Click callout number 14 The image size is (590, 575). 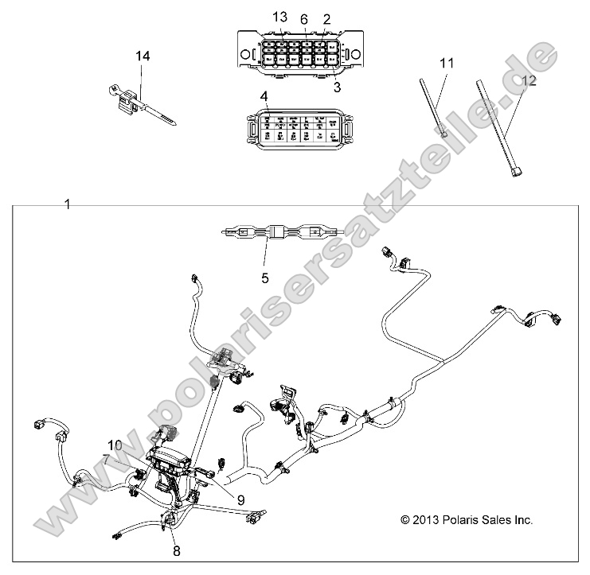(x=143, y=56)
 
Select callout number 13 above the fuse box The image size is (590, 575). (x=278, y=17)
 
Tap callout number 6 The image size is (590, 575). (x=303, y=18)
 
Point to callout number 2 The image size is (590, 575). (x=326, y=18)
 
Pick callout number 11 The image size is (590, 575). (x=446, y=62)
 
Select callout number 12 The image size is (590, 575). (x=529, y=80)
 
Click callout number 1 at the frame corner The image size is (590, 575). (x=67, y=204)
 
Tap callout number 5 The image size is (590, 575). (x=265, y=278)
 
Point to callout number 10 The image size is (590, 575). (x=115, y=445)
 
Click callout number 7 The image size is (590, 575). (x=107, y=459)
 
